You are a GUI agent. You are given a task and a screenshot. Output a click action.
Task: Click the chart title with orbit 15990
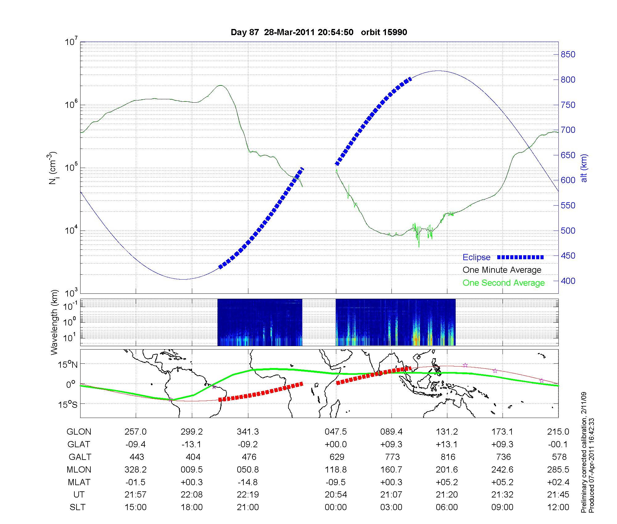coord(319,32)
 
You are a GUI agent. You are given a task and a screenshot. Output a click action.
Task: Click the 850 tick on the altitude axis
coord(568,55)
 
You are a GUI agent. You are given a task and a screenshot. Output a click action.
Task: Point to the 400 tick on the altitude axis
coord(568,281)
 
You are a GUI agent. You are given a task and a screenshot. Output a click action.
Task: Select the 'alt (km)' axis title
coord(584,168)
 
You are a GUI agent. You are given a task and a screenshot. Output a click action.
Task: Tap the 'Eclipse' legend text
coord(476,257)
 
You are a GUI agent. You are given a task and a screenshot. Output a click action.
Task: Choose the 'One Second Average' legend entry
coord(503,283)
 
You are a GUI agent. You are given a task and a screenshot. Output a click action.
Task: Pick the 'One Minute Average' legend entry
coord(502,270)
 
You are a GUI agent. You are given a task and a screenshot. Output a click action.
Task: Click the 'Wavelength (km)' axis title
coord(54,322)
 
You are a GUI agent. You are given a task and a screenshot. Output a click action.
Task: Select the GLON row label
coord(79,432)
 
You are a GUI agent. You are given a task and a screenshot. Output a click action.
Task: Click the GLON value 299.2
coord(192,432)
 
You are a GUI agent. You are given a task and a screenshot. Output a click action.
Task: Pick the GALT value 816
coord(448,457)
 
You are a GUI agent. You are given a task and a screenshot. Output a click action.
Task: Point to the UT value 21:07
coord(391,495)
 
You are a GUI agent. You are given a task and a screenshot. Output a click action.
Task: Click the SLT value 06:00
coord(447,507)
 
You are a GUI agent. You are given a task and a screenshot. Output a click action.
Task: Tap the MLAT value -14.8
coord(248,482)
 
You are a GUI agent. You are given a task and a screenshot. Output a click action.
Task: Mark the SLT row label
coord(77,507)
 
